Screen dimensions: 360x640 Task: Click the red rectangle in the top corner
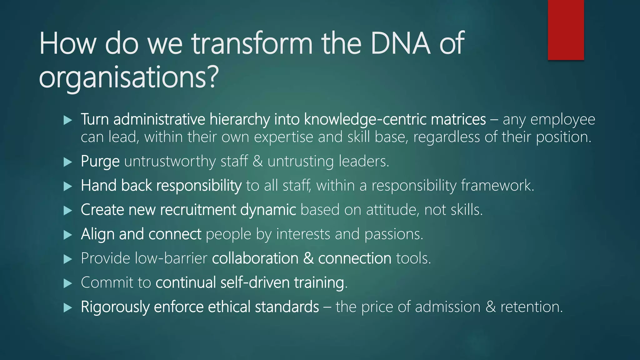pyautogui.click(x=566, y=30)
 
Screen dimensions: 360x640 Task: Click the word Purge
pyautogui.click(x=100, y=161)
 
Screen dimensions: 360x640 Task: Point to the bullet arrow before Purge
pyautogui.click(x=67, y=162)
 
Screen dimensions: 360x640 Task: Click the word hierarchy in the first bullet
pyautogui.click(x=240, y=119)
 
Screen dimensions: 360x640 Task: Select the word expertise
pyautogui.click(x=283, y=137)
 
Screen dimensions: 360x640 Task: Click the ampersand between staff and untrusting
pyautogui.click(x=258, y=161)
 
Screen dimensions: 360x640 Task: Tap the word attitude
pyautogui.click(x=392, y=210)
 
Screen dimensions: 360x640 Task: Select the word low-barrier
pyautogui.click(x=171, y=258)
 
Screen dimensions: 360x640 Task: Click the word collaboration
pyautogui.click(x=255, y=258)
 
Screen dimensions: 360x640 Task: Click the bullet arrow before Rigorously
pyautogui.click(x=67, y=307)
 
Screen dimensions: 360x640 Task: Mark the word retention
pyautogui.click(x=531, y=307)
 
